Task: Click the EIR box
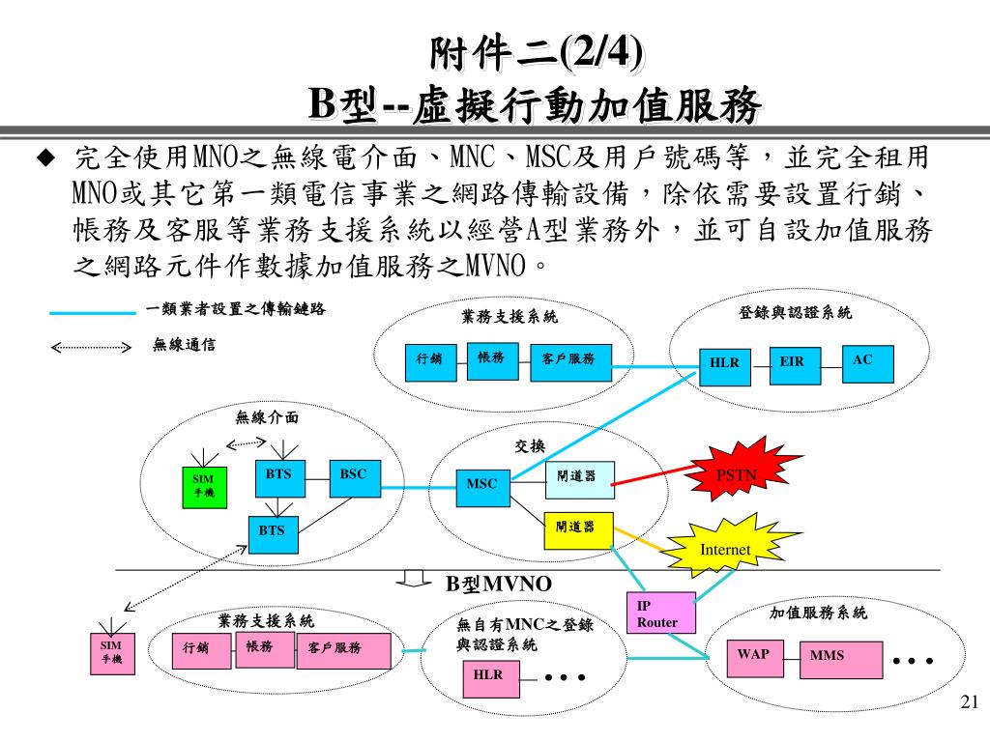[x=794, y=363]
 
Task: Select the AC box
[x=867, y=363]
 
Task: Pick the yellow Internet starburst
[x=726, y=548]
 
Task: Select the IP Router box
[x=662, y=613]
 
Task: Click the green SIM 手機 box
[x=203, y=487]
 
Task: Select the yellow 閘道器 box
[x=578, y=529]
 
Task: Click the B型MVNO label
[x=498, y=584]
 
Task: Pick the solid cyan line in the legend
[x=92, y=312]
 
